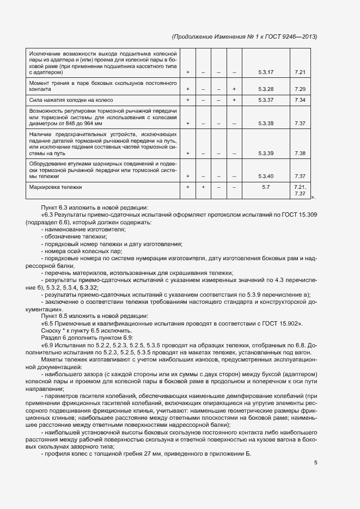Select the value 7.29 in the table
300,89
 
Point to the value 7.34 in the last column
300,100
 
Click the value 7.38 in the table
300,153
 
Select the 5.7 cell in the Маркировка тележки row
266,187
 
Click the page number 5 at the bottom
316,463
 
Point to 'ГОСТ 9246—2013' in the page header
291,36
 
